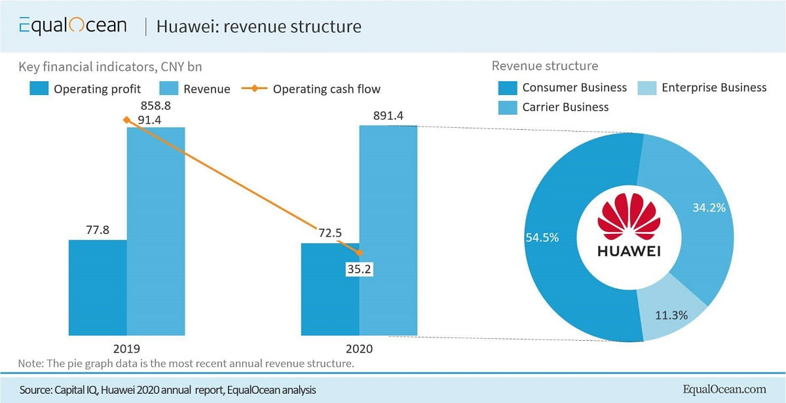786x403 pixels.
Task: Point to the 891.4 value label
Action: [x=388, y=116]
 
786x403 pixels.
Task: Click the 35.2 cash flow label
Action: [x=359, y=268]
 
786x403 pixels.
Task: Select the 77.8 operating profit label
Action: [x=98, y=230]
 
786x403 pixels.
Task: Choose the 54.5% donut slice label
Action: [x=542, y=237]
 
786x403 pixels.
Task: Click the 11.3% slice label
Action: [x=671, y=315]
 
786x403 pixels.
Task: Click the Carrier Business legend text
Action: [x=565, y=107]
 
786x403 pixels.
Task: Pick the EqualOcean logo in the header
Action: [x=72, y=26]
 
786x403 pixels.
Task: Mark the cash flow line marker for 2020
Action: [x=359, y=252]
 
